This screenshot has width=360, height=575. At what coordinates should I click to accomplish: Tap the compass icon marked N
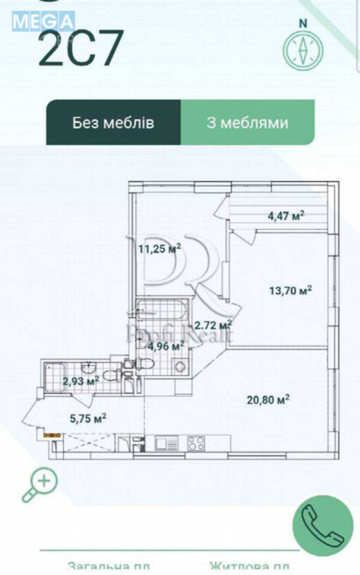click(x=304, y=46)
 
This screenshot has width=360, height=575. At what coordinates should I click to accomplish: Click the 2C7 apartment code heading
click(x=75, y=48)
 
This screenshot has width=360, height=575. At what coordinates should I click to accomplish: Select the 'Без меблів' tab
click(x=113, y=122)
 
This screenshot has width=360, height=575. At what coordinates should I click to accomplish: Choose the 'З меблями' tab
click(x=247, y=122)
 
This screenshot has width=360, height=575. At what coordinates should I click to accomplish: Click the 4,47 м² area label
click(x=286, y=214)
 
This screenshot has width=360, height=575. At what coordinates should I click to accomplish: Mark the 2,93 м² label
click(x=79, y=382)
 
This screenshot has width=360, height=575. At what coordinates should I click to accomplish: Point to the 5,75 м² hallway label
click(x=88, y=416)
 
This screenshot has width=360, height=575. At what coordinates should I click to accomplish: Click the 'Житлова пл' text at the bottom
click(x=249, y=566)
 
